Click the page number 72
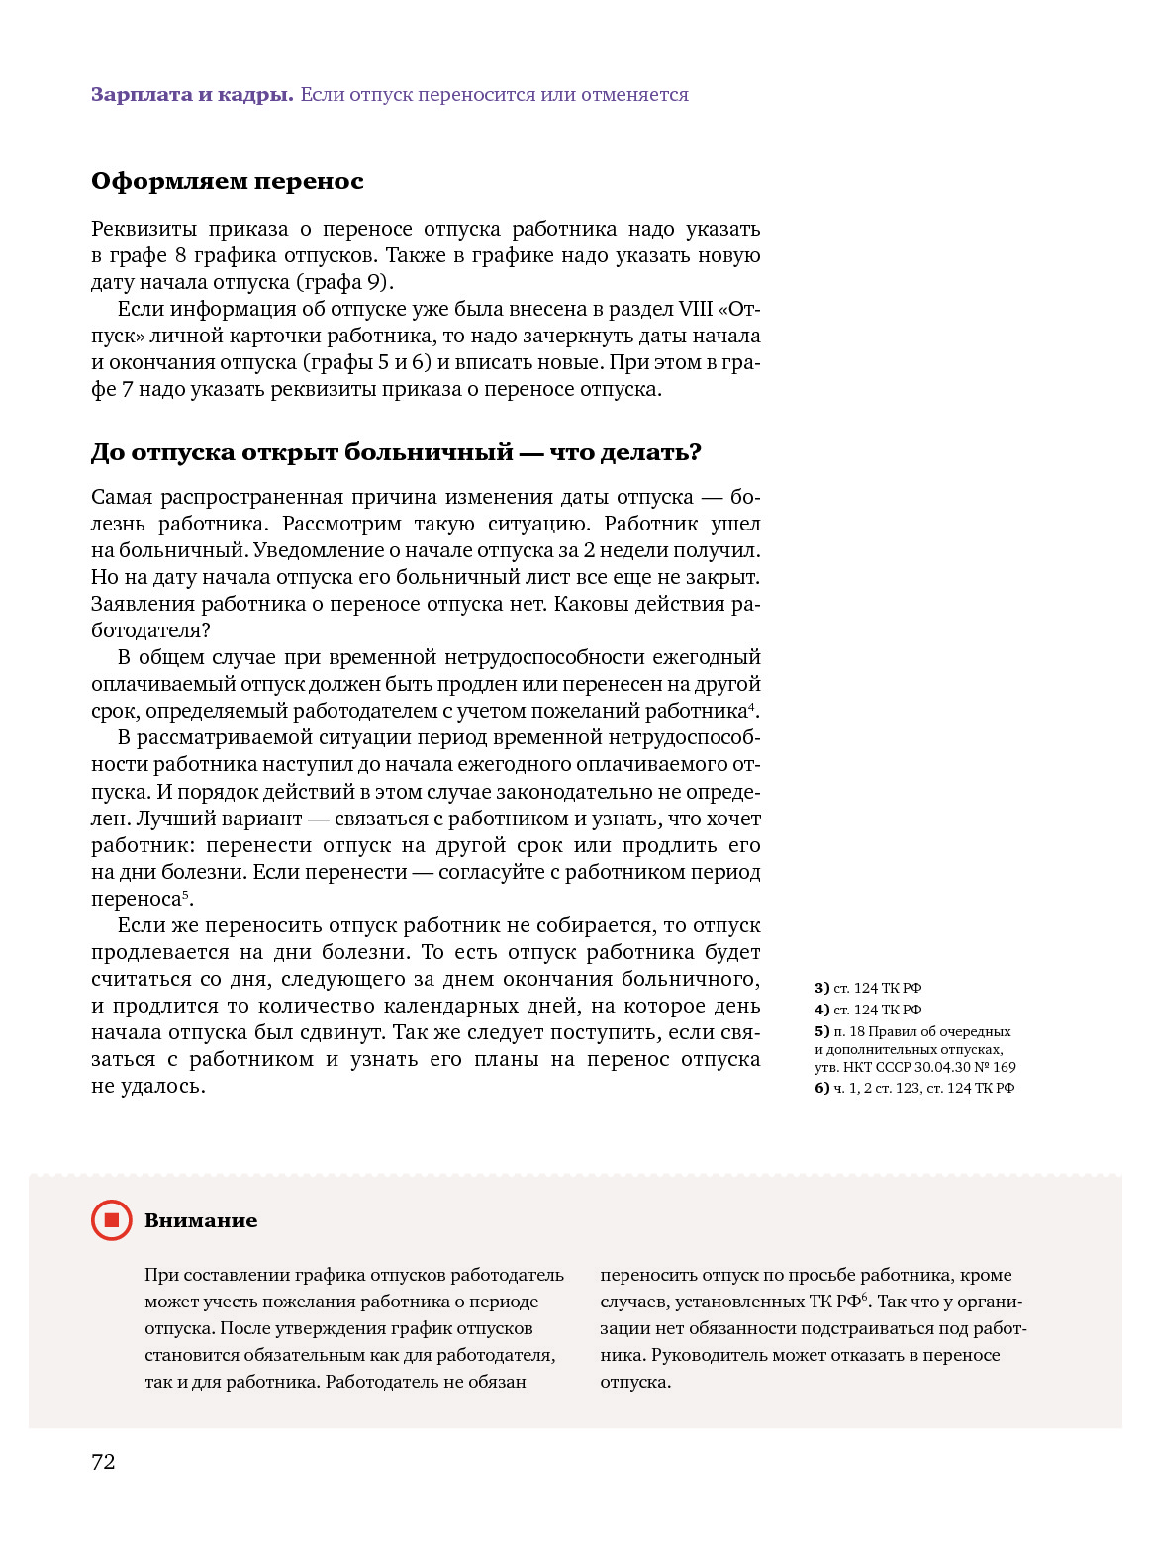pos(103,1462)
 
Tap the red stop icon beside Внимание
pos(112,1220)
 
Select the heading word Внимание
pos(201,1221)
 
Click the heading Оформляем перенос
pos(228,182)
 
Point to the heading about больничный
pos(396,453)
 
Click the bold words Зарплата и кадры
pos(192,95)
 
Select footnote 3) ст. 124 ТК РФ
pos(868,988)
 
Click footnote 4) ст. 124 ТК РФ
pos(868,1010)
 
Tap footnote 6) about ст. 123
pos(914,1088)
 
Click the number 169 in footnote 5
pos(1004,1067)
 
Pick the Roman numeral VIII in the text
pos(695,309)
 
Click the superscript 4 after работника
pos(752,706)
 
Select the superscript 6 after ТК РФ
pos(864,1297)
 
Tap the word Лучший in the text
pos(169,819)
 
